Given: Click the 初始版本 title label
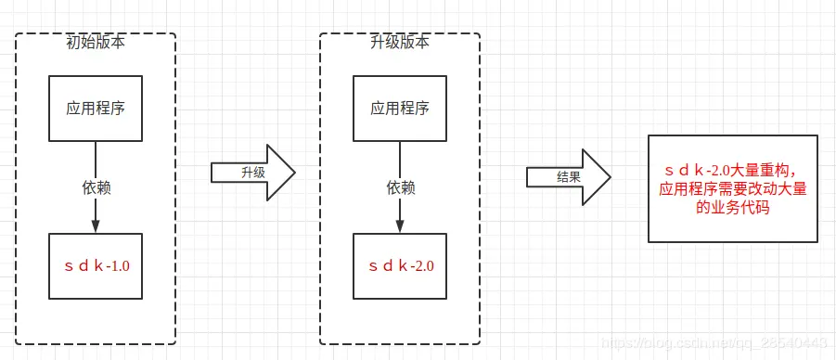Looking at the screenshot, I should tap(95, 42).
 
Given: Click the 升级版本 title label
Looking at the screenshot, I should tap(400, 42).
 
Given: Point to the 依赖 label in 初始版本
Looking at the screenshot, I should tap(96, 186).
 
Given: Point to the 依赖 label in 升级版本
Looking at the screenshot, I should tap(400, 186).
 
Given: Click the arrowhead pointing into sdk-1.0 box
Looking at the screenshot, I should tap(96, 226).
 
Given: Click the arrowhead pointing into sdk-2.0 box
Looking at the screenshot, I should tap(400, 226).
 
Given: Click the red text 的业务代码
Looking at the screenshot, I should tap(733, 209).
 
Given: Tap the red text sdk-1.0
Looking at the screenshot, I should tap(96, 266).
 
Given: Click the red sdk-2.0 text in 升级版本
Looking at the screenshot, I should tap(400, 266).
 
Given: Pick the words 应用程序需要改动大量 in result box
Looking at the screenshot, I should tap(733, 189).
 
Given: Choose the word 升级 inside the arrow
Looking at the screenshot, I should tap(252, 173).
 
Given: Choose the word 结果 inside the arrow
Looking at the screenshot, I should tap(568, 176).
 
